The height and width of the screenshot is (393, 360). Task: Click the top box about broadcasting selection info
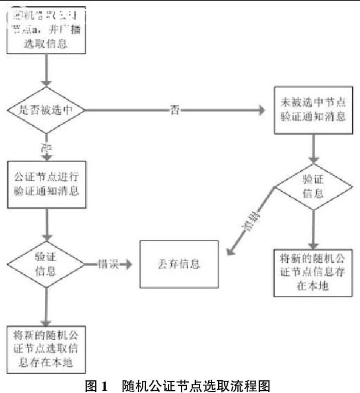pos(47,30)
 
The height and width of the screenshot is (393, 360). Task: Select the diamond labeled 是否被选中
pos(45,110)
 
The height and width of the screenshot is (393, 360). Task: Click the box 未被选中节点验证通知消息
pos(314,110)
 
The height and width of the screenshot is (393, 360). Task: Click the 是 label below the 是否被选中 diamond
pos(45,148)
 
